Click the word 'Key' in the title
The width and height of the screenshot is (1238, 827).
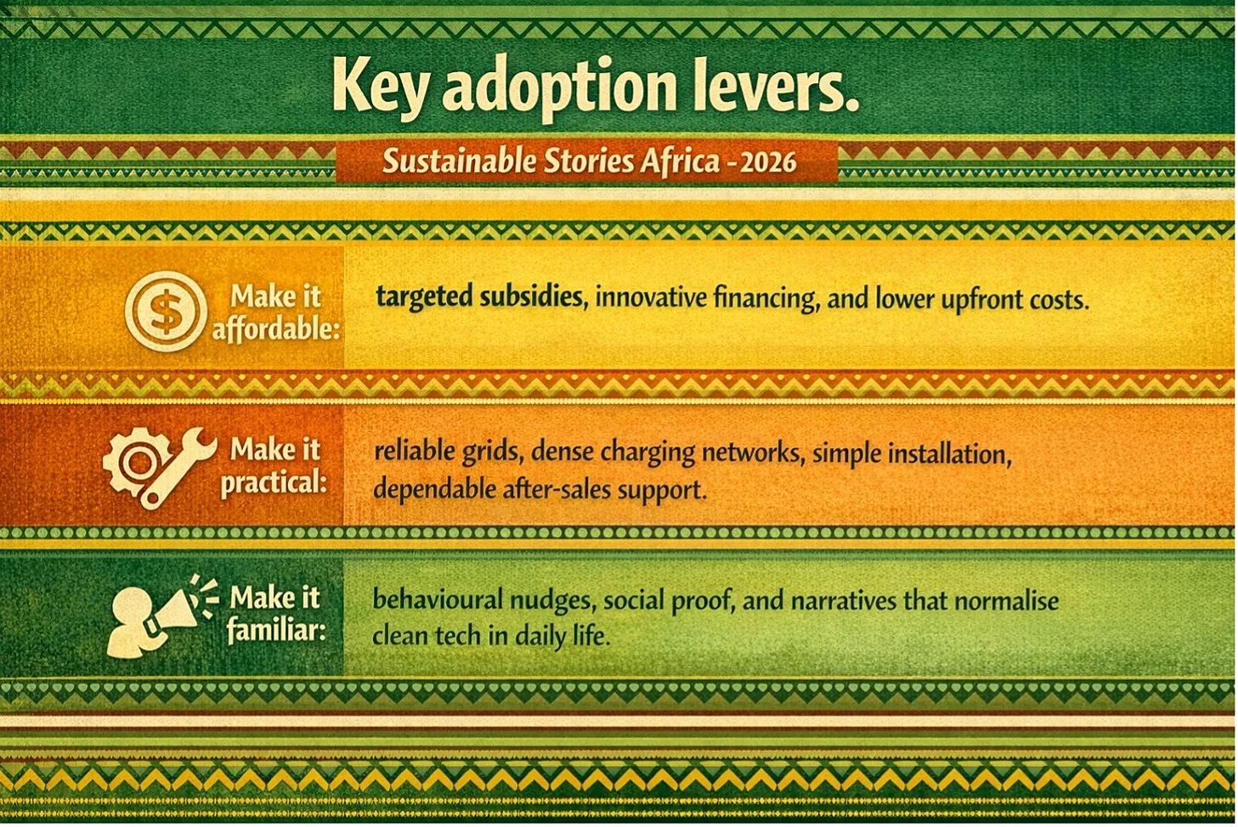click(x=381, y=89)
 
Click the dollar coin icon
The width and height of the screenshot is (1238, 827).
click(x=166, y=311)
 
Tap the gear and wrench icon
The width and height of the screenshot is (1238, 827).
click(x=159, y=467)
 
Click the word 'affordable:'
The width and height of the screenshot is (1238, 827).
click(x=275, y=329)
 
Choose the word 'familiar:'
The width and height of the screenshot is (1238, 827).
click(x=276, y=630)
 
